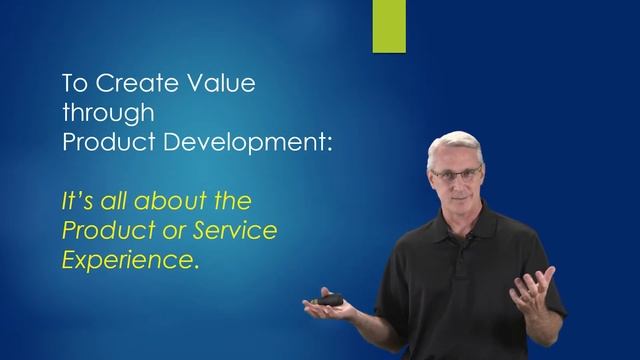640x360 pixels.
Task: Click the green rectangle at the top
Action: [x=389, y=25]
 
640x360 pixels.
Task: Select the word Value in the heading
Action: [x=218, y=83]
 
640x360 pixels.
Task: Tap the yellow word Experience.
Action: [x=125, y=261]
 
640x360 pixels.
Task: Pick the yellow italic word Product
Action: [x=100, y=231]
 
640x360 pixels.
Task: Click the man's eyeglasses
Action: [x=457, y=174]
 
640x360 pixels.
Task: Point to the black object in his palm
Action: [x=329, y=298]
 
